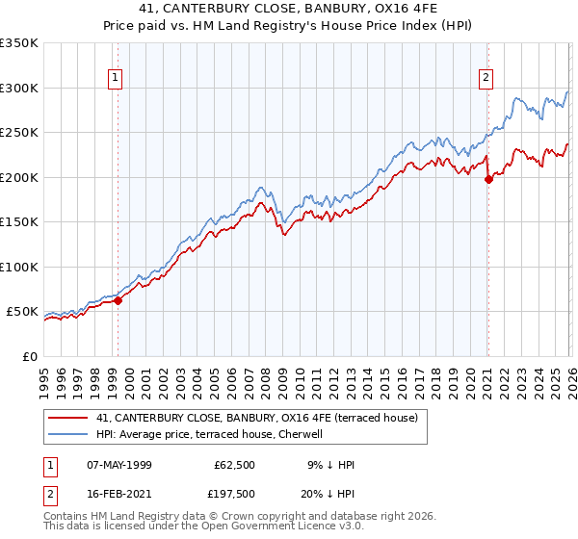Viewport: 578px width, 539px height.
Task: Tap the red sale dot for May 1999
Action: [118, 300]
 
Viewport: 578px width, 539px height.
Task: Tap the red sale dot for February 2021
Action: [488, 178]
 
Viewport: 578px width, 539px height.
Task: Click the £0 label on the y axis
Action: [29, 356]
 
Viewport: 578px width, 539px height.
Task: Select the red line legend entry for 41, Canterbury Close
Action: [256, 418]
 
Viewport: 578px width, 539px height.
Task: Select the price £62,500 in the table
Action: [235, 465]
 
